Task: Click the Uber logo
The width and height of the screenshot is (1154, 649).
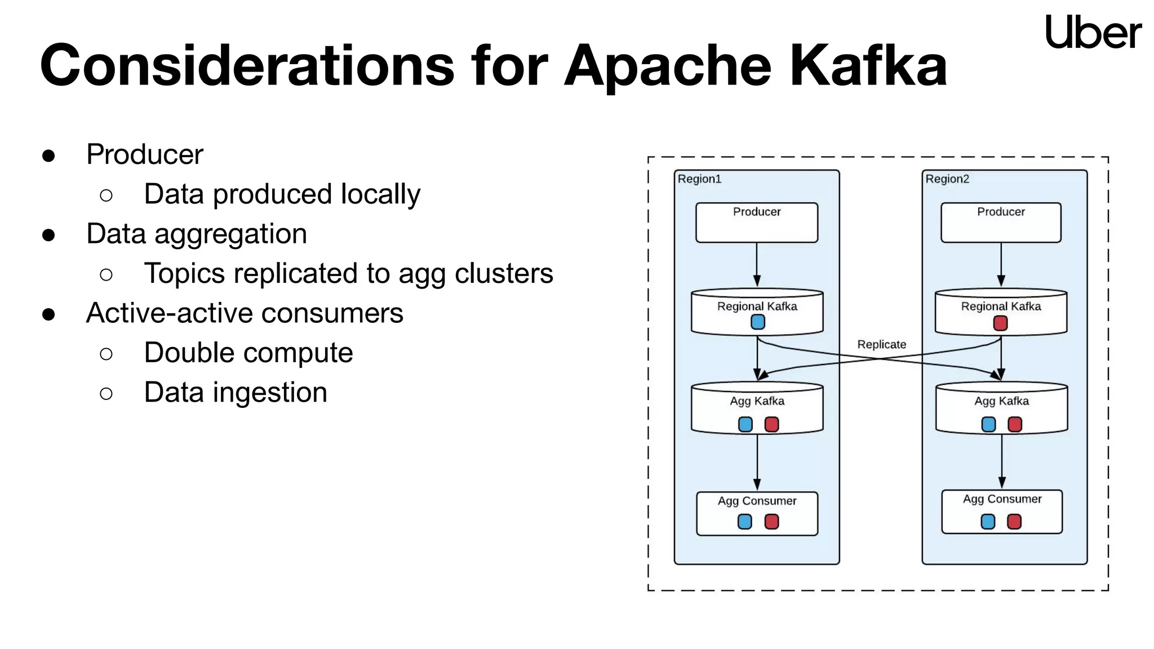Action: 1093,32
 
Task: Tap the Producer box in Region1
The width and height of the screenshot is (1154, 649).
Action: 756,223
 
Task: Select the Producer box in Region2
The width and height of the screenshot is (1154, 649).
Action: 1001,223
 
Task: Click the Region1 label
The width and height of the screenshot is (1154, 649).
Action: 699,179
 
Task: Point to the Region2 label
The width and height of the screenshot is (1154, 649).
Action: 947,179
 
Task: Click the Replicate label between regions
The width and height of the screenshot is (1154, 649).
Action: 881,344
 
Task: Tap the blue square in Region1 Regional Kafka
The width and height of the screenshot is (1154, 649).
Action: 758,322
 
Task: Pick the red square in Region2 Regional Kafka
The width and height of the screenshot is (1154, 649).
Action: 1000,323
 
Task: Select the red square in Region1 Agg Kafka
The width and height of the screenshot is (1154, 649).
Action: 771,424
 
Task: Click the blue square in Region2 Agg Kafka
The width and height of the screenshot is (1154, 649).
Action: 988,424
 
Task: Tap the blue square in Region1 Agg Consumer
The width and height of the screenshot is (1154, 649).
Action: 745,522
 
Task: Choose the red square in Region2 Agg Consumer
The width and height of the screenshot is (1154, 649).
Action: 1014,522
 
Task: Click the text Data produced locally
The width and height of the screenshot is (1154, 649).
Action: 282,194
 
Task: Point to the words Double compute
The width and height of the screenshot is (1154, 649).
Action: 248,353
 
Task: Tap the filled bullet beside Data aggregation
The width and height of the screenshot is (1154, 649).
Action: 48,235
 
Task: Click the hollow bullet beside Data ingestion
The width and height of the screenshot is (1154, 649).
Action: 106,393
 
